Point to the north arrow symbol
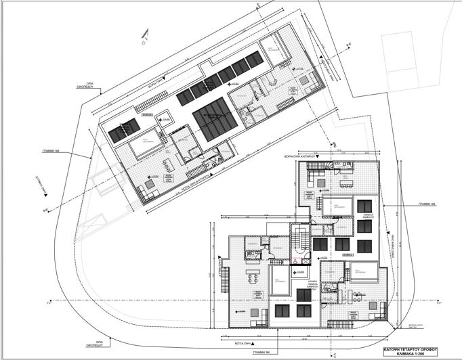[x=143, y=37]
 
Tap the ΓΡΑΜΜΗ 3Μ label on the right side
[x=429, y=202]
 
